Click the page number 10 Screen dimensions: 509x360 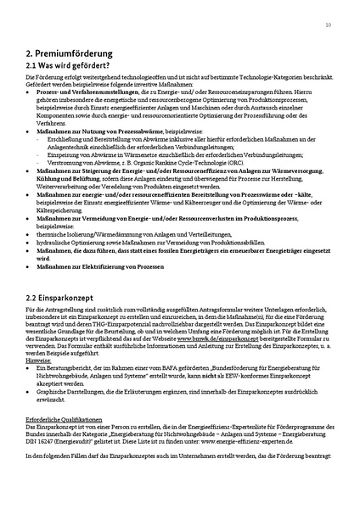328,25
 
